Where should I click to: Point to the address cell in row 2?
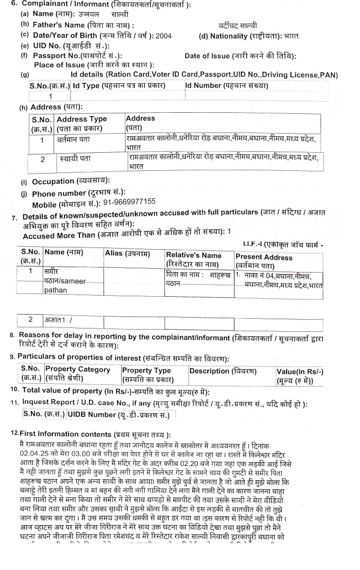pyautogui.click(x=219, y=162)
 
